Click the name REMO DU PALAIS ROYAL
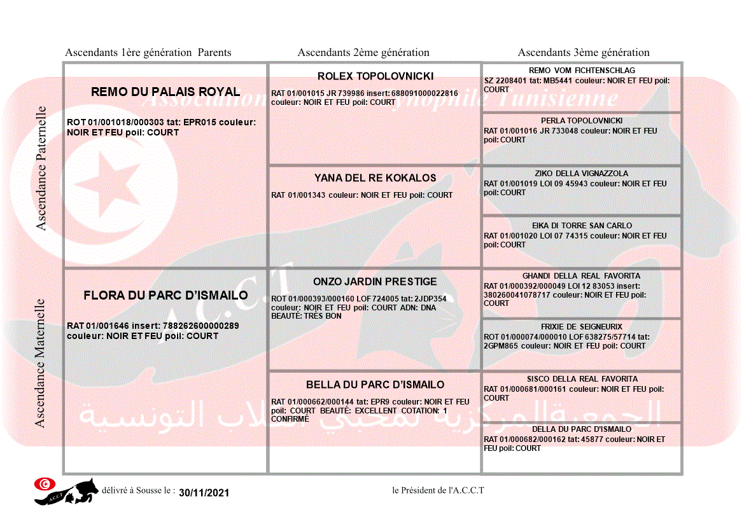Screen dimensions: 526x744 165,92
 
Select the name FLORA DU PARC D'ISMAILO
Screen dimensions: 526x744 165,296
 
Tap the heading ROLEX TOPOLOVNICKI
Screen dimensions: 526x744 376,76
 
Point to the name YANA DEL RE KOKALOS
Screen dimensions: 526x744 376,178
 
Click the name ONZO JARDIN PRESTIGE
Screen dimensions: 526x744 376,282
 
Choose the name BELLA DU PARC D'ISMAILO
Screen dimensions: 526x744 376,385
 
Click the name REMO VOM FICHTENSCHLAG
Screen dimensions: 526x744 582,71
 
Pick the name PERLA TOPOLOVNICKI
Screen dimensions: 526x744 582,121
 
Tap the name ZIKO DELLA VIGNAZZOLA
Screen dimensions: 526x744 582,174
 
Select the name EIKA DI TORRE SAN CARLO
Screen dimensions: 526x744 582,226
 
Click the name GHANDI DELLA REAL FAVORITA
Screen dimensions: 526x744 582,276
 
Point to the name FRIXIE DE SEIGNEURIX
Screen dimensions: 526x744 582,327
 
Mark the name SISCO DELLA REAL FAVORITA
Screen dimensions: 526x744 582,379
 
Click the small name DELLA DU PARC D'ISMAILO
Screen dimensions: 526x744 582,429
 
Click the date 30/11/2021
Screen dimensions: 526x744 204,493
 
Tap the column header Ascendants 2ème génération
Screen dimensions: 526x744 363,53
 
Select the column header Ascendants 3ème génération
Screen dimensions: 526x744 584,53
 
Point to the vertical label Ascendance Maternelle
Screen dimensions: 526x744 40,363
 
